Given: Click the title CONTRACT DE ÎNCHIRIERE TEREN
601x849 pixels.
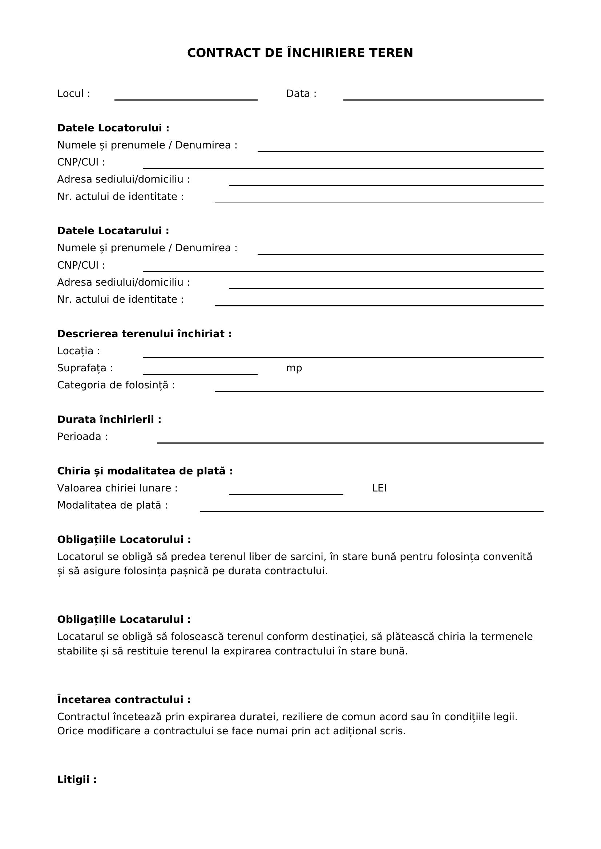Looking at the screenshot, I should tap(300, 53).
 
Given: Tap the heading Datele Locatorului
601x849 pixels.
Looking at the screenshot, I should tap(113, 128).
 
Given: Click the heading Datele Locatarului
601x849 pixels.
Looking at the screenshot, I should tap(113, 231).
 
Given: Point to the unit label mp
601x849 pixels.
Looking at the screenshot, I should tap(294, 368).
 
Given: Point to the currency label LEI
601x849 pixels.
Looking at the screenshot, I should tap(379, 488).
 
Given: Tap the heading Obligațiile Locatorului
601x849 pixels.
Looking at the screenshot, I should tap(124, 539).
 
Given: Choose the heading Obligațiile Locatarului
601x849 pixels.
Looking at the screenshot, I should tap(124, 619).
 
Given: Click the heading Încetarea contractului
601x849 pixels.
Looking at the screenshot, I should tap(124, 699).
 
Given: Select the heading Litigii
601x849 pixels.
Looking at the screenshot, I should tap(77, 779).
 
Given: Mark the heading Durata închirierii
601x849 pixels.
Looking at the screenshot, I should tap(109, 419).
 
